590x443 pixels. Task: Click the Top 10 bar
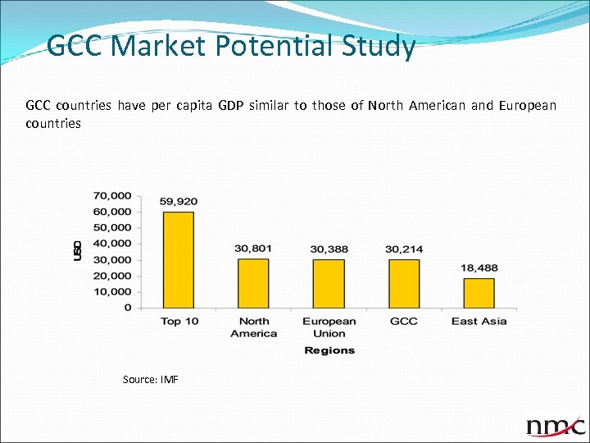point(179,259)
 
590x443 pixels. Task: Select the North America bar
point(253,283)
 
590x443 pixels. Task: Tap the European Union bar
point(328,283)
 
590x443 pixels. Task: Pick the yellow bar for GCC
point(403,283)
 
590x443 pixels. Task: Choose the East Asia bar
point(479,293)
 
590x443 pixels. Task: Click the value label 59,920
point(179,201)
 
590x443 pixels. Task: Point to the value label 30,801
point(253,248)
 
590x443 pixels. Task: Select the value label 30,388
point(328,249)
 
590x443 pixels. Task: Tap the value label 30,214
point(403,249)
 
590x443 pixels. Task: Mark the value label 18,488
point(479,267)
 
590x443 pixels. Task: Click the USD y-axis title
point(78,250)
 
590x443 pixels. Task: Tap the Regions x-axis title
point(329,350)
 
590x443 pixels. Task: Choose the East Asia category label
point(479,321)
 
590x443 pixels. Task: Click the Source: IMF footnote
point(150,379)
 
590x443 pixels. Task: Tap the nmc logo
point(556,425)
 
